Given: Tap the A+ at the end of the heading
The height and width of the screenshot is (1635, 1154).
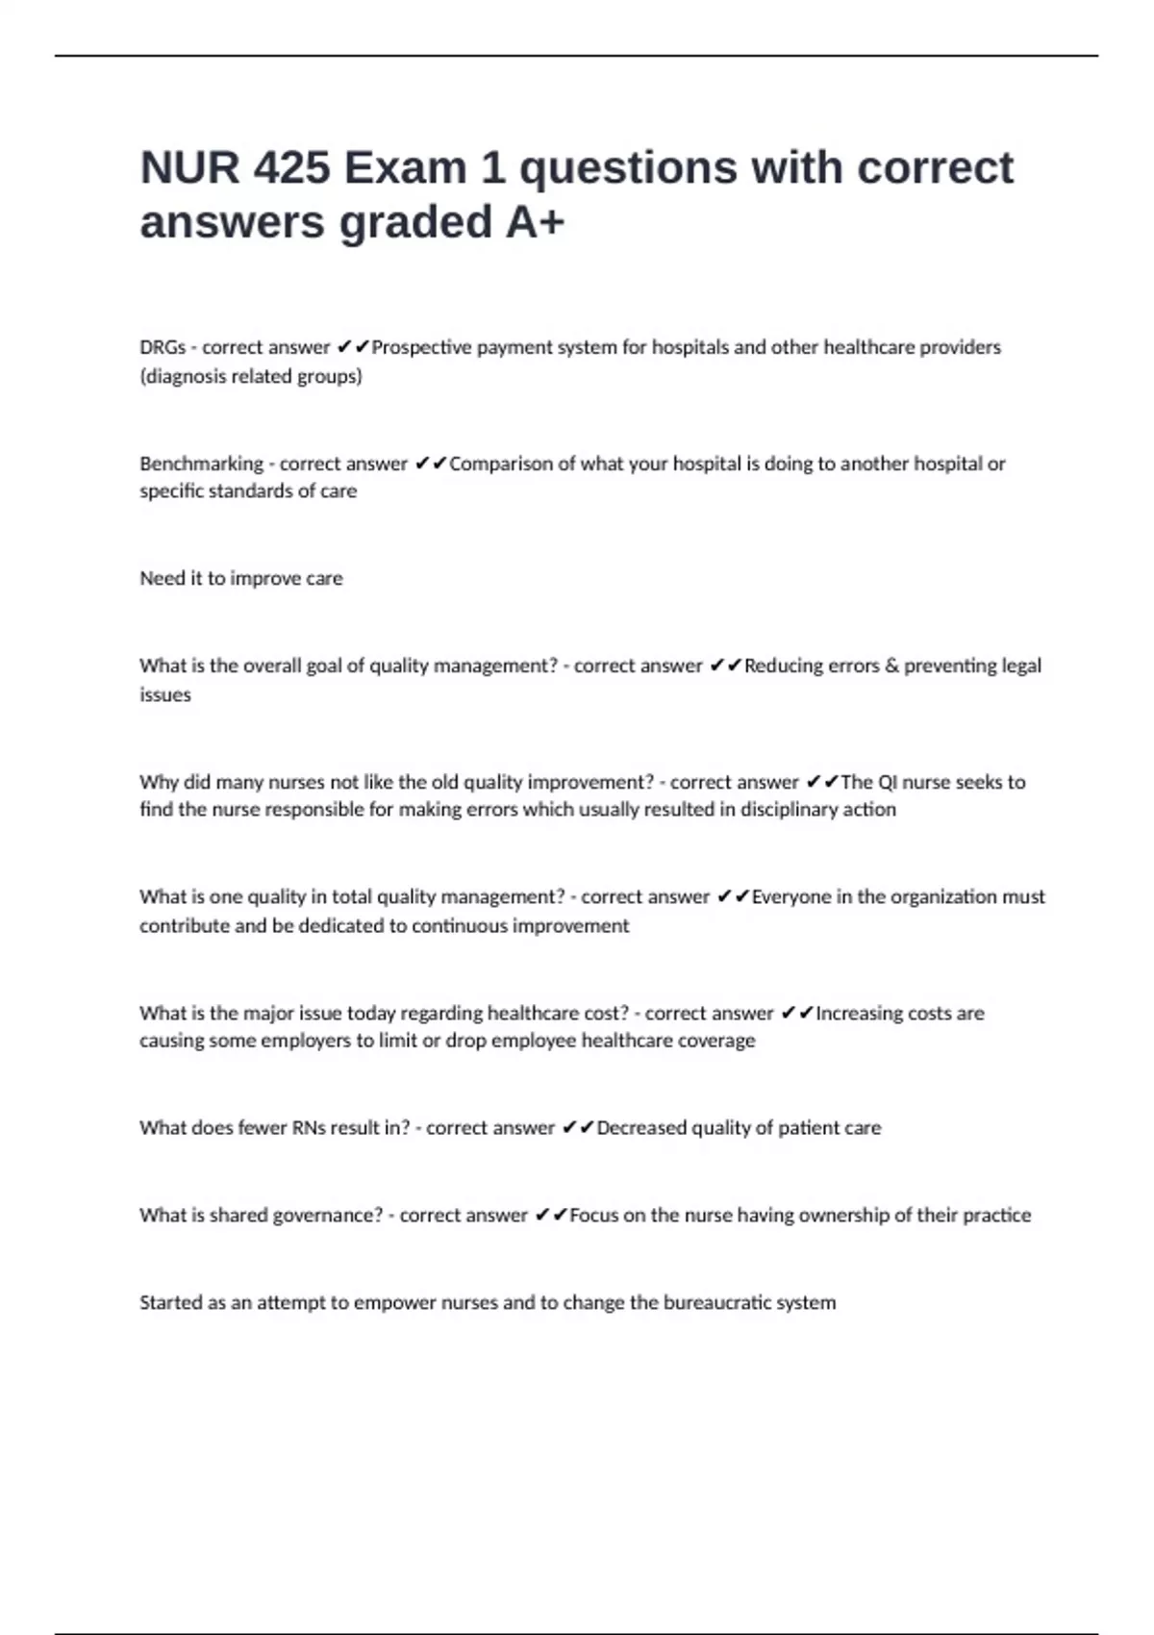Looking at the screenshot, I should coord(535,222).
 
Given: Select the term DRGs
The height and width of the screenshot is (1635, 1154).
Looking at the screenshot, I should coord(163,347).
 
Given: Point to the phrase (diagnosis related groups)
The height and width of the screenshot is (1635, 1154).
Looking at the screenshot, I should coord(251,376).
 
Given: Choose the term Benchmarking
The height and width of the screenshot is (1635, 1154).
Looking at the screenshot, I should coord(201,464).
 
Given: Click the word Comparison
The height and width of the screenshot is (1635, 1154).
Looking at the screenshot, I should coord(501,464).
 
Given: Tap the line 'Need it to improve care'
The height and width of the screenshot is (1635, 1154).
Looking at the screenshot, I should coord(241,578).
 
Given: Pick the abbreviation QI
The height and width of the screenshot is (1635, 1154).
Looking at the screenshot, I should coord(888,782).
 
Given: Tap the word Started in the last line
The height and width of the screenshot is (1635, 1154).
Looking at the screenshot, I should coord(170,1303).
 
